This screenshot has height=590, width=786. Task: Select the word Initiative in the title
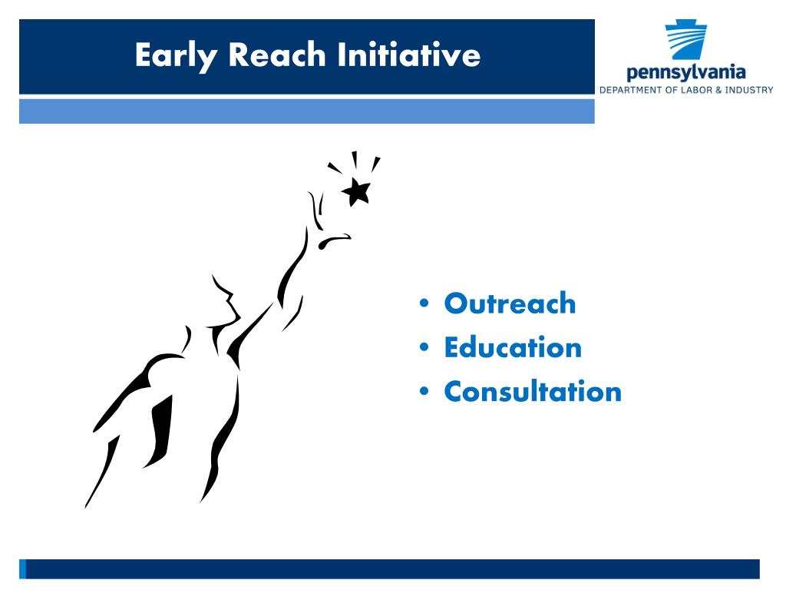point(409,55)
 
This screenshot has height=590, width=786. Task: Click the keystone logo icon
point(685,40)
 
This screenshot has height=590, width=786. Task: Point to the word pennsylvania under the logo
point(685,73)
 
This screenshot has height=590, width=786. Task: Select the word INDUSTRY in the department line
point(749,91)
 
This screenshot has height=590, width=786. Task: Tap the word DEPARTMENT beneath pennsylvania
point(632,91)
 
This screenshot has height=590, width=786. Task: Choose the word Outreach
point(510,303)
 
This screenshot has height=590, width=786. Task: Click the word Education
point(513,347)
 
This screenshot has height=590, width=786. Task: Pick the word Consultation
point(533,391)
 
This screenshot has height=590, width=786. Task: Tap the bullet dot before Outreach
point(424,303)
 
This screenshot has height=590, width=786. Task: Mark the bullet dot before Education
point(424,346)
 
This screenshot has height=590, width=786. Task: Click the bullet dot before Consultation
point(424,391)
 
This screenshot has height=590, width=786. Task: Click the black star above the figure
point(357,191)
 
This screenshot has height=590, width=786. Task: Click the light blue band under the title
point(307,111)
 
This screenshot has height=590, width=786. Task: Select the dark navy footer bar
point(389,569)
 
